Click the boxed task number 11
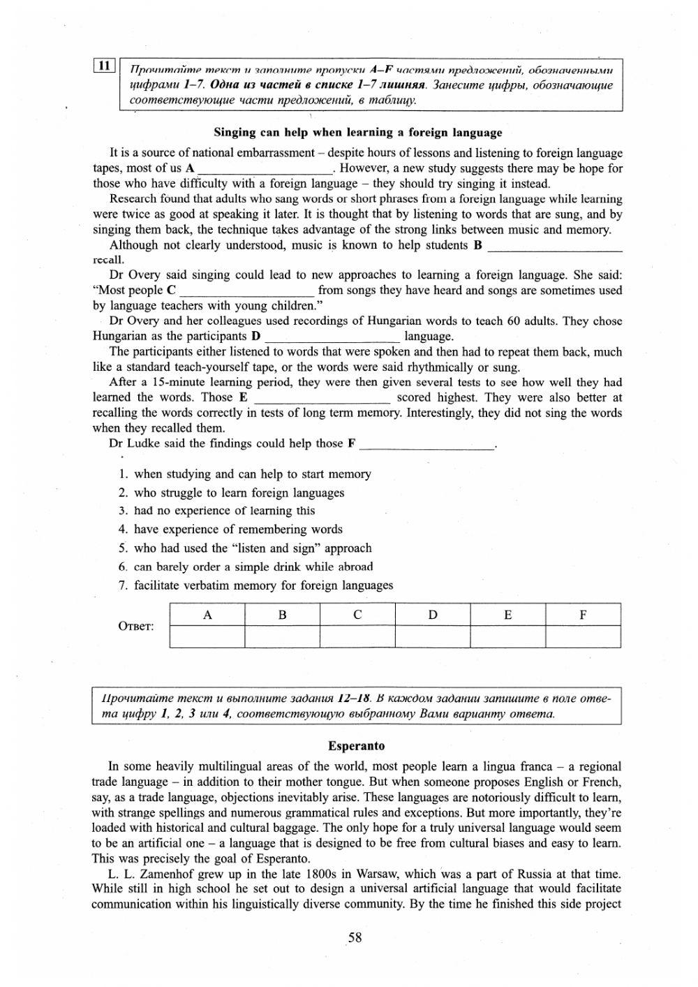tap(103, 66)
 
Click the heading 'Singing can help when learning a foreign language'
tap(357, 132)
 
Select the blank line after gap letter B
tap(554, 246)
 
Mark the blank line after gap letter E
tap(322, 398)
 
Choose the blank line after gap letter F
tap(426, 444)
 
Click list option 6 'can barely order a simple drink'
tap(253, 567)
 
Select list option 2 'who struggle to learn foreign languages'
tap(239, 492)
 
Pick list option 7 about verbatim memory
tap(263, 585)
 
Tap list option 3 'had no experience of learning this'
tap(224, 511)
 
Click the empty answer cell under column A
tap(207, 636)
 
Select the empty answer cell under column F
tap(583, 636)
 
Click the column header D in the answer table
tap(433, 615)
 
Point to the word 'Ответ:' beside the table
tap(136, 626)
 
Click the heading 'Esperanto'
tap(356, 746)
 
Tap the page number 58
tap(355, 937)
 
